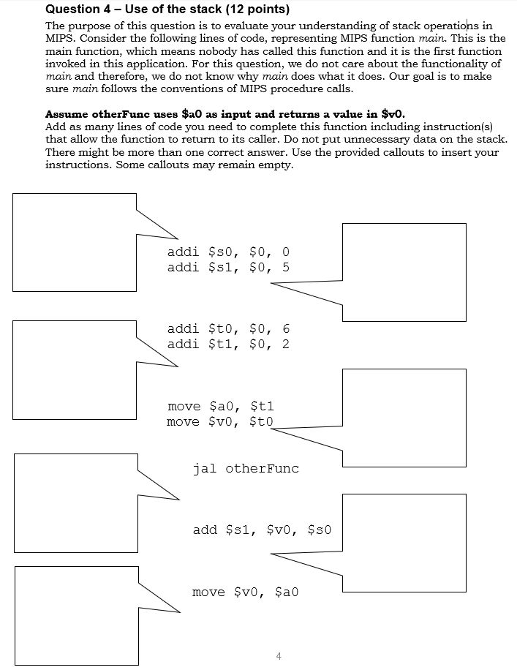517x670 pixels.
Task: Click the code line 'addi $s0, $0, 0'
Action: [x=228, y=252]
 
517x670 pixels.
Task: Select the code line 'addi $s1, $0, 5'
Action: [x=228, y=267]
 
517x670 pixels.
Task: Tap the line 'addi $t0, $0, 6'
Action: [x=228, y=329]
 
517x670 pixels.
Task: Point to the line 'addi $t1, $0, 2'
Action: [x=228, y=345]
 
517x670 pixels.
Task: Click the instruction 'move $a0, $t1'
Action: [x=220, y=406]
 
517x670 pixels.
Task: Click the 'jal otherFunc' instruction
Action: [x=246, y=468]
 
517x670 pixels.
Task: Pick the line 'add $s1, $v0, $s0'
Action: [x=262, y=530]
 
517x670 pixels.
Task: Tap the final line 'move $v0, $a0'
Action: [x=246, y=592]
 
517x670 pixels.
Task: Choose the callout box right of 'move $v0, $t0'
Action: [x=404, y=418]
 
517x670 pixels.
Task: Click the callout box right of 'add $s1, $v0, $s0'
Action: [x=404, y=543]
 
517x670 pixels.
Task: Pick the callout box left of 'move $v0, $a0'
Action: [x=76, y=615]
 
